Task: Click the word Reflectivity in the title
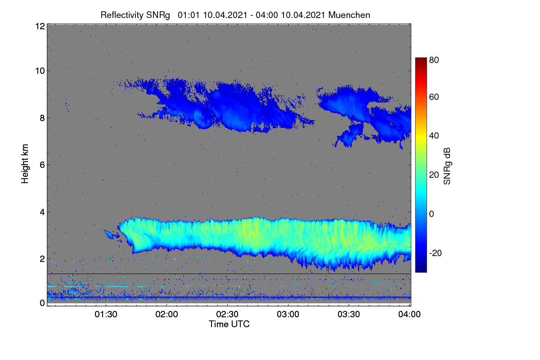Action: pos(122,15)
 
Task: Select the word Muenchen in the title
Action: pos(349,15)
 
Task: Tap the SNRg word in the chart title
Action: pos(158,15)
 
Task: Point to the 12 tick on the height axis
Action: pos(40,26)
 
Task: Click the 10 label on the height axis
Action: pos(40,71)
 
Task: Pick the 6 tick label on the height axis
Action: pos(42,165)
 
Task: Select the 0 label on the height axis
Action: pos(42,303)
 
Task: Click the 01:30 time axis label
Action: pos(106,314)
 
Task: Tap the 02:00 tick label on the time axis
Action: pos(166,314)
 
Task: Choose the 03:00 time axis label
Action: pos(288,314)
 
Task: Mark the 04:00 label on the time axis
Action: pos(409,314)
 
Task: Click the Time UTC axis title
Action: pos(229,324)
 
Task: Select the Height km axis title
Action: pos(25,164)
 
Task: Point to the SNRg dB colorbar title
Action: pos(447,166)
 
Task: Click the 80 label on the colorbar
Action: pos(434,60)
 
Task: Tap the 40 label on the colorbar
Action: pos(434,136)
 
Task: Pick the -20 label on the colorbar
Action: pos(435,253)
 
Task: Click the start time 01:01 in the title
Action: pos(189,15)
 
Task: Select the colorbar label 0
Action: pos(432,214)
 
